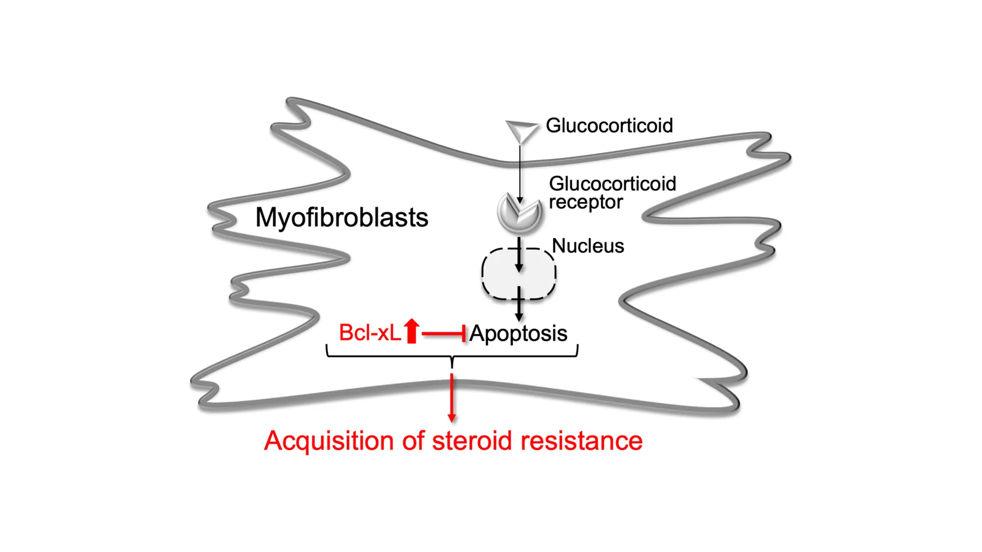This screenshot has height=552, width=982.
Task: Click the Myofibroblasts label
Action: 342,218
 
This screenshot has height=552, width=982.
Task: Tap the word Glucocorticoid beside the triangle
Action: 609,125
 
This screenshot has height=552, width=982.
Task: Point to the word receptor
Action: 585,202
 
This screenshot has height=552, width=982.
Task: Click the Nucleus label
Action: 588,246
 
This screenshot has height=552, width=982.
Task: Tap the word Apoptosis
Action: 518,333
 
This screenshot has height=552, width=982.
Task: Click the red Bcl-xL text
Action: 369,333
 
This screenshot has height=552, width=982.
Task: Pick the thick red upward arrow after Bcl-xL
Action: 412,331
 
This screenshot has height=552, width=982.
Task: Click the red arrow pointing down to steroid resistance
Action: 452,398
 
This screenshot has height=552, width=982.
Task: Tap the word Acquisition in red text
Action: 328,441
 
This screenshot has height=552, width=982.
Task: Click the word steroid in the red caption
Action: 471,441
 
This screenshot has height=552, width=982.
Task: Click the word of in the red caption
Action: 412,441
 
